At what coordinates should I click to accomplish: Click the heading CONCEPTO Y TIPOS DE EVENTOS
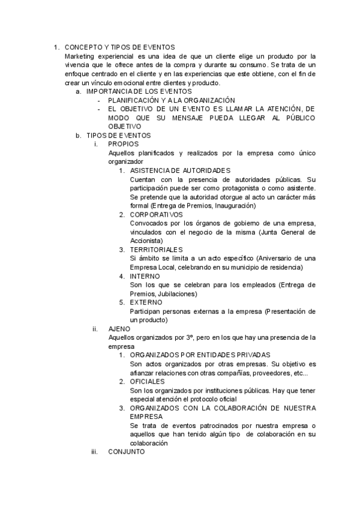pyautogui.click(x=119, y=47)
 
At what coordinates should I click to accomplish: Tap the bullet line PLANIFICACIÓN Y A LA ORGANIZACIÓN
pyautogui.click(x=172, y=100)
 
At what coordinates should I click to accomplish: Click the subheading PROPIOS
pyautogui.click(x=124, y=144)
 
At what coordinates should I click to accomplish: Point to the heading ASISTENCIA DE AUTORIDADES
pyautogui.click(x=180, y=170)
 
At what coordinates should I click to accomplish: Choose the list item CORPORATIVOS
pyautogui.click(x=156, y=214)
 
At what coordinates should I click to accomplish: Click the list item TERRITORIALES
pyautogui.click(x=156, y=249)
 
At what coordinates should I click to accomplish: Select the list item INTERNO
pyautogui.click(x=146, y=276)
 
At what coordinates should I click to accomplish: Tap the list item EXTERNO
pyautogui.click(x=146, y=303)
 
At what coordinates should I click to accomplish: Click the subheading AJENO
pyautogui.click(x=119, y=329)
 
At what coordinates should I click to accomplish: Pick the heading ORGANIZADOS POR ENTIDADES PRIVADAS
pyautogui.click(x=200, y=355)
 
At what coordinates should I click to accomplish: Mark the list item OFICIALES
pyautogui.click(x=148, y=382)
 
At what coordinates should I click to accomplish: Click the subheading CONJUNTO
pyautogui.click(x=126, y=452)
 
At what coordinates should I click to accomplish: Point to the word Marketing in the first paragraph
pyautogui.click(x=81, y=56)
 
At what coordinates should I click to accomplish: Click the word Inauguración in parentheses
pyautogui.click(x=231, y=205)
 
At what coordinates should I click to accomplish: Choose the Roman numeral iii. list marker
pyautogui.click(x=95, y=452)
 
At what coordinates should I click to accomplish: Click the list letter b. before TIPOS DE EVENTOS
pyautogui.click(x=78, y=136)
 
